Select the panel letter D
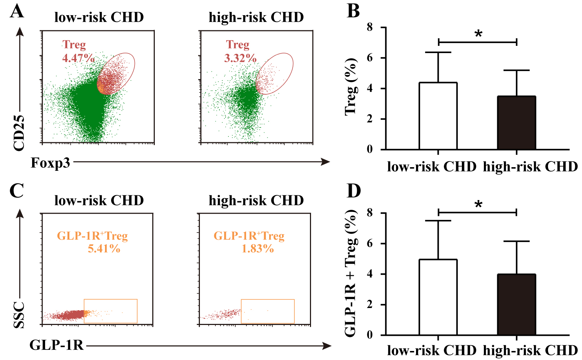pyautogui.click(x=354, y=191)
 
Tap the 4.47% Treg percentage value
pyautogui.click(x=78, y=58)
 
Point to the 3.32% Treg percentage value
pyautogui.click(x=240, y=58)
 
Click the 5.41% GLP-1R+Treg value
pyautogui.click(x=104, y=248)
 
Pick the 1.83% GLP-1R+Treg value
pyautogui.click(x=258, y=248)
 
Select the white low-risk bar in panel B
pyautogui.click(x=438, y=116)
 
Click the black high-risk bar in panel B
pyautogui.click(x=516, y=123)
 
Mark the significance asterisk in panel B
pyautogui.click(x=478, y=35)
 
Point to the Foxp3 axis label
pyautogui.click(x=51, y=163)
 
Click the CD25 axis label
pyautogui.click(x=19, y=133)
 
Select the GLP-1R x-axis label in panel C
pyautogui.click(x=56, y=345)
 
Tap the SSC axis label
pyautogui.click(x=19, y=315)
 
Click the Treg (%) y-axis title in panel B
pyautogui.click(x=351, y=87)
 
